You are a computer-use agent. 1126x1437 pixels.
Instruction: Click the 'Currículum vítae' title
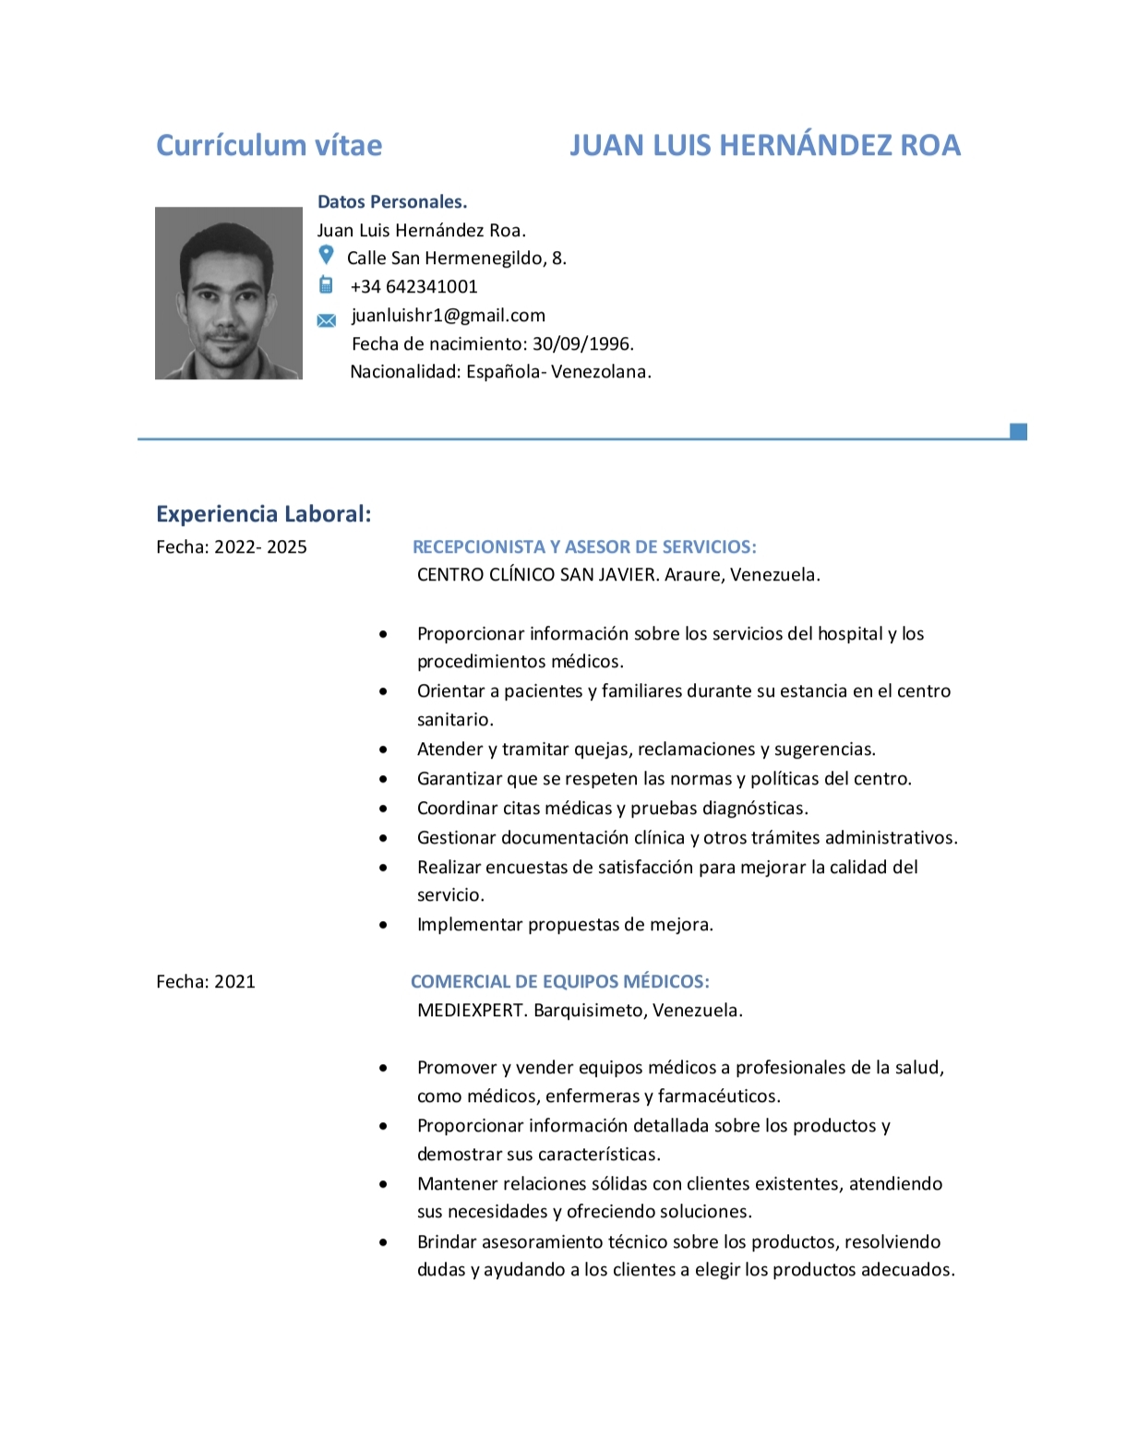pyautogui.click(x=269, y=146)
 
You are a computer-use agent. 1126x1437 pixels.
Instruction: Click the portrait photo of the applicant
pyautogui.click(x=228, y=293)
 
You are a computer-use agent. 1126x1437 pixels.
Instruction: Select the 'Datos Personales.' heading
pyautogui.click(x=392, y=202)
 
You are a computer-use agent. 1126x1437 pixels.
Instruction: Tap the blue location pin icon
pyautogui.click(x=326, y=255)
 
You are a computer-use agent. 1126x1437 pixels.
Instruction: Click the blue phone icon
pyautogui.click(x=326, y=284)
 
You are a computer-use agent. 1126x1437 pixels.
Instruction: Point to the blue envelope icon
pyautogui.click(x=327, y=320)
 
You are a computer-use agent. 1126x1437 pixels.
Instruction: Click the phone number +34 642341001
pyautogui.click(x=413, y=287)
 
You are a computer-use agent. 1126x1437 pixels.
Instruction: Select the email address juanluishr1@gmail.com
pyautogui.click(x=449, y=316)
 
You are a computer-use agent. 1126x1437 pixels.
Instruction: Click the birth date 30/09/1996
pyautogui.click(x=582, y=344)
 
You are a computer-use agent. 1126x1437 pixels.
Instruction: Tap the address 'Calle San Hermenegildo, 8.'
pyautogui.click(x=457, y=258)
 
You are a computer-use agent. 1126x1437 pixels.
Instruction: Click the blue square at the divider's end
pyautogui.click(x=1018, y=431)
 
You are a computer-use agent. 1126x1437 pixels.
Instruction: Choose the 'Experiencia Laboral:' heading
pyautogui.click(x=263, y=514)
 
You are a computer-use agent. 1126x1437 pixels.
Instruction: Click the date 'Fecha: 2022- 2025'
pyautogui.click(x=232, y=547)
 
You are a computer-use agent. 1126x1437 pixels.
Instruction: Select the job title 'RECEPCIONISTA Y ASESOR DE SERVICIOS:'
pyautogui.click(x=584, y=547)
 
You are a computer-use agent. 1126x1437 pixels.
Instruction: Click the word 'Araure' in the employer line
pyautogui.click(x=693, y=575)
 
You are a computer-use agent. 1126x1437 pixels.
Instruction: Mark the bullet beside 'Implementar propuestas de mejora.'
pyautogui.click(x=384, y=925)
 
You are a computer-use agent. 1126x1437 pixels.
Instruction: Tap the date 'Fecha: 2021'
pyautogui.click(x=206, y=982)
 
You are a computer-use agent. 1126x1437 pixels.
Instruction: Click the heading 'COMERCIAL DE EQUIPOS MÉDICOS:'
pyautogui.click(x=559, y=982)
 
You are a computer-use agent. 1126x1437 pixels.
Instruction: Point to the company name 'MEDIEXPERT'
pyautogui.click(x=471, y=1011)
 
